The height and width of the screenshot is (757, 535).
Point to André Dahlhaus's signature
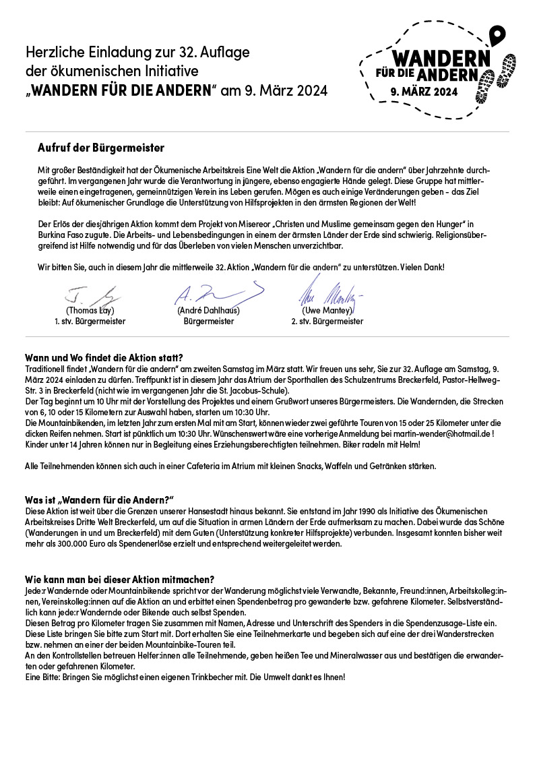216,293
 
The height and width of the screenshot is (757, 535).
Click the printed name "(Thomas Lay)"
89,311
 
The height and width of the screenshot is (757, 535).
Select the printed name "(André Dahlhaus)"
208,311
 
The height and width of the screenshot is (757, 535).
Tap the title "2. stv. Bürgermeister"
327,322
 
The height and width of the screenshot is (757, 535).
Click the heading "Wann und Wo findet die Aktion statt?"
104,357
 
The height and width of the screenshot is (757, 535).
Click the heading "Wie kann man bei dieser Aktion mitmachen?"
119,579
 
